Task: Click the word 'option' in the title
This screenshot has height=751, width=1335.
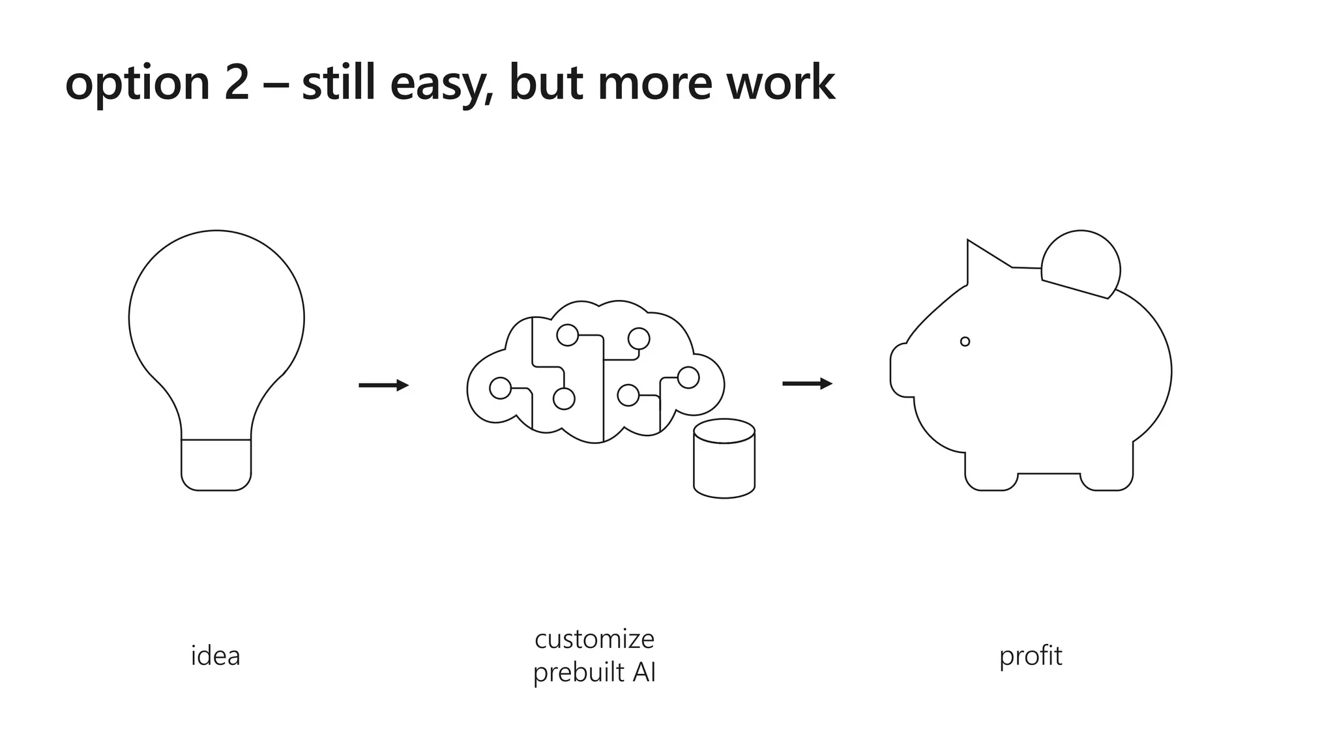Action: click(x=137, y=83)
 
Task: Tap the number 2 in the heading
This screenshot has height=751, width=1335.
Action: click(x=237, y=83)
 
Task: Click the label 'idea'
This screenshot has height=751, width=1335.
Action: click(x=216, y=656)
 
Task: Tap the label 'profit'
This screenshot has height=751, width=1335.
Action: click(x=1031, y=656)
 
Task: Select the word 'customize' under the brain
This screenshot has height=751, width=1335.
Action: click(x=594, y=639)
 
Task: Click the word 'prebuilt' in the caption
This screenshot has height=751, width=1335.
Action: click(x=571, y=673)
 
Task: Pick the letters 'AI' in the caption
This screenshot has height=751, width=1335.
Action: click(x=643, y=672)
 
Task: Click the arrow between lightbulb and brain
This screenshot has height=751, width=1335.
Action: click(x=383, y=385)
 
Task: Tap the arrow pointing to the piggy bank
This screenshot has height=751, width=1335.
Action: click(x=807, y=384)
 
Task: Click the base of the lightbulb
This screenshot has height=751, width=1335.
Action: click(x=216, y=464)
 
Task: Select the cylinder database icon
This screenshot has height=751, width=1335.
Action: click(x=724, y=459)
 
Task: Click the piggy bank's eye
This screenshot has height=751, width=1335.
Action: click(x=965, y=342)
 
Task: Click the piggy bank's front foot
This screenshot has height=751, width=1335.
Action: click(x=991, y=479)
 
